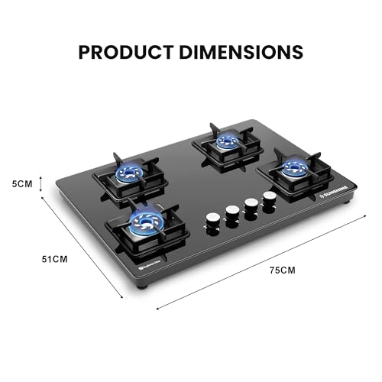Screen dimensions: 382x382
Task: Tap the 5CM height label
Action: point(22,183)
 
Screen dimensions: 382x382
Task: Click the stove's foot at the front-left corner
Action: point(141,286)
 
